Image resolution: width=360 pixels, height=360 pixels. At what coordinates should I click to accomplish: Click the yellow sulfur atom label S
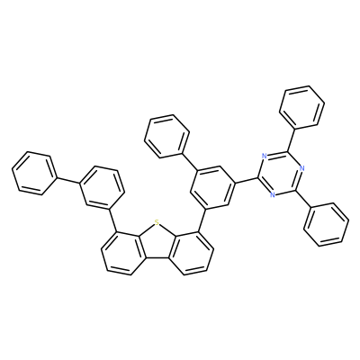156,222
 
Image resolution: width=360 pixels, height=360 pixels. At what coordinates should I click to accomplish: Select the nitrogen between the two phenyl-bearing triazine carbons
301,168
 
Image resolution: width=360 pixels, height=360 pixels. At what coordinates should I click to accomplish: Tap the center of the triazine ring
280,175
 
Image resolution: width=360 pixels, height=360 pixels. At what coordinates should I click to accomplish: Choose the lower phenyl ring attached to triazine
326,225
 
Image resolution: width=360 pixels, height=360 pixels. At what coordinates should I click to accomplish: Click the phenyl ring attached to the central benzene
166,136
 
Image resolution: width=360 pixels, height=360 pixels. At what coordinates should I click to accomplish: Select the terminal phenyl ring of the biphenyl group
34,174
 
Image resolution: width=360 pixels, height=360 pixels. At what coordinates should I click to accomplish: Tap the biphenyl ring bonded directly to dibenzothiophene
102,186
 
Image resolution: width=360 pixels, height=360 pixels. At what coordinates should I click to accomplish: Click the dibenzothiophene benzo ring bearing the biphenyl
123,252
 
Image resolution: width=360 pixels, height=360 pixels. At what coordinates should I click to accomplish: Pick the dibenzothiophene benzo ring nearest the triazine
191,252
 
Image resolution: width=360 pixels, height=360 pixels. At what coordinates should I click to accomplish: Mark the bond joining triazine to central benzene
247,180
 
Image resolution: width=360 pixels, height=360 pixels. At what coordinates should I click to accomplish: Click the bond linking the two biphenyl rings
68,180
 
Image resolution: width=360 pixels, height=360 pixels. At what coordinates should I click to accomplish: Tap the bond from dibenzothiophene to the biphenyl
112,220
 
